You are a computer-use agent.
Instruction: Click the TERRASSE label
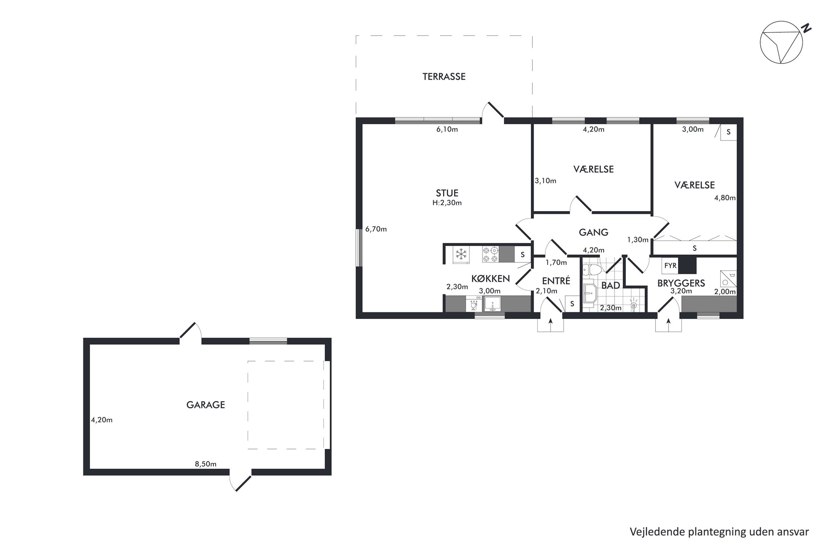click(x=444, y=77)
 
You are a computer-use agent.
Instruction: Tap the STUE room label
click(x=447, y=193)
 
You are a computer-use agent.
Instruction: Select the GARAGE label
click(x=206, y=405)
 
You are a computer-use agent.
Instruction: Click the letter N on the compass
click(x=807, y=29)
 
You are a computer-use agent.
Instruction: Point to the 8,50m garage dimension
click(x=206, y=464)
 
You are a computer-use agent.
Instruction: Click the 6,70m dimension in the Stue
click(x=376, y=229)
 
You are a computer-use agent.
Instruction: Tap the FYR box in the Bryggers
click(x=670, y=265)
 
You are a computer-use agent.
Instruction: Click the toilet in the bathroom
click(x=591, y=270)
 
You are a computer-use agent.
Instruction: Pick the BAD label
click(x=611, y=286)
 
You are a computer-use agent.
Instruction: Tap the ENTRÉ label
click(x=556, y=281)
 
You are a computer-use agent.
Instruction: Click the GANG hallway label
click(x=594, y=232)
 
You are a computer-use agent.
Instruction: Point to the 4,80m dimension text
click(x=725, y=198)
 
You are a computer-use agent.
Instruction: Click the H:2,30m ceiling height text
click(x=447, y=203)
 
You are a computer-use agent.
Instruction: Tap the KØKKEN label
click(x=490, y=279)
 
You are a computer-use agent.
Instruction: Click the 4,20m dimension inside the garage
click(x=102, y=420)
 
